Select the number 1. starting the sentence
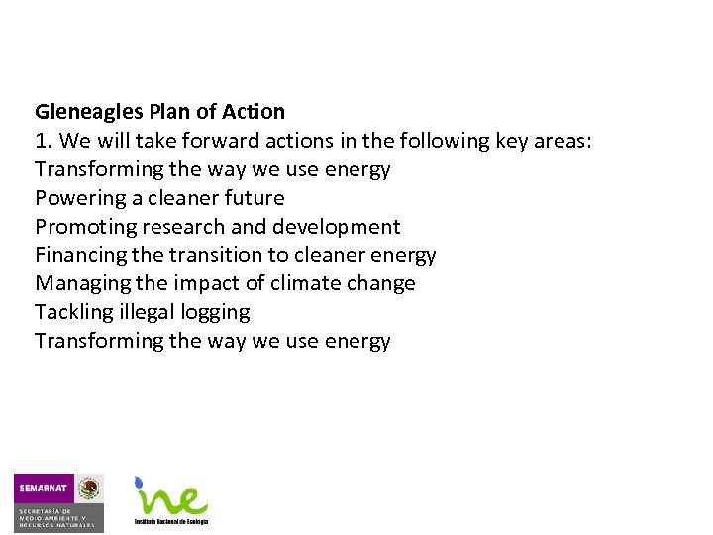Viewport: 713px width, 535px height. [43, 141]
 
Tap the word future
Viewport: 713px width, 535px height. [253, 198]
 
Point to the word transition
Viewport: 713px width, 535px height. [215, 256]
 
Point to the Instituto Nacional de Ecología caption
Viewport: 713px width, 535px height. [171, 521]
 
